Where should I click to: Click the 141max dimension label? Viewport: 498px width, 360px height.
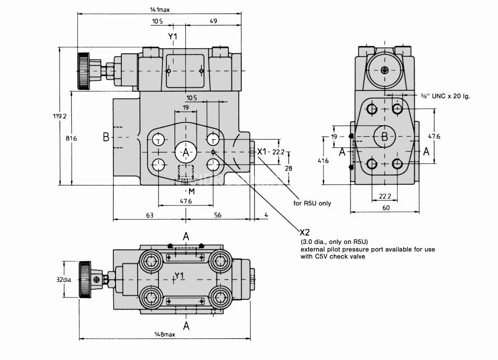click(160, 8)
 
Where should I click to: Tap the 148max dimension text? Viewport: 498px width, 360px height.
click(165, 334)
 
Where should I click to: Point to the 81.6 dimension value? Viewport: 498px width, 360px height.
click(71, 138)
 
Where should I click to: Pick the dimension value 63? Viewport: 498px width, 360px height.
click(150, 215)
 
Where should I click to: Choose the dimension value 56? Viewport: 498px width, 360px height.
click(218, 215)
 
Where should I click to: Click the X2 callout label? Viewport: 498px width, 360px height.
click(305, 232)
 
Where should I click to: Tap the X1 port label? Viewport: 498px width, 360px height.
click(262, 152)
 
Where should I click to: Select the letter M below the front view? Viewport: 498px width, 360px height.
click(191, 191)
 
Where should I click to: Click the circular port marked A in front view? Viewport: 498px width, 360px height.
click(186, 153)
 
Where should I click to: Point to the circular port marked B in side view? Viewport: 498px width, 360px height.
click(384, 137)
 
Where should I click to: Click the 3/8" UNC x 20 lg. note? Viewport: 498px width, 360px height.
click(445, 96)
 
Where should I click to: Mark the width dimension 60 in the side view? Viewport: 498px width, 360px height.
click(386, 208)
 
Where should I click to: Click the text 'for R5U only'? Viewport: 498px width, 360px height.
click(312, 203)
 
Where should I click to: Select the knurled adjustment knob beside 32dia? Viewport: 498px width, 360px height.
click(84, 279)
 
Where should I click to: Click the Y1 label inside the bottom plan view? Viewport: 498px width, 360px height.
click(179, 276)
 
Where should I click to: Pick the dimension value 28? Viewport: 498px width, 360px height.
click(289, 168)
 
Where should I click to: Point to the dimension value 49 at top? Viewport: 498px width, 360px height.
click(213, 21)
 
